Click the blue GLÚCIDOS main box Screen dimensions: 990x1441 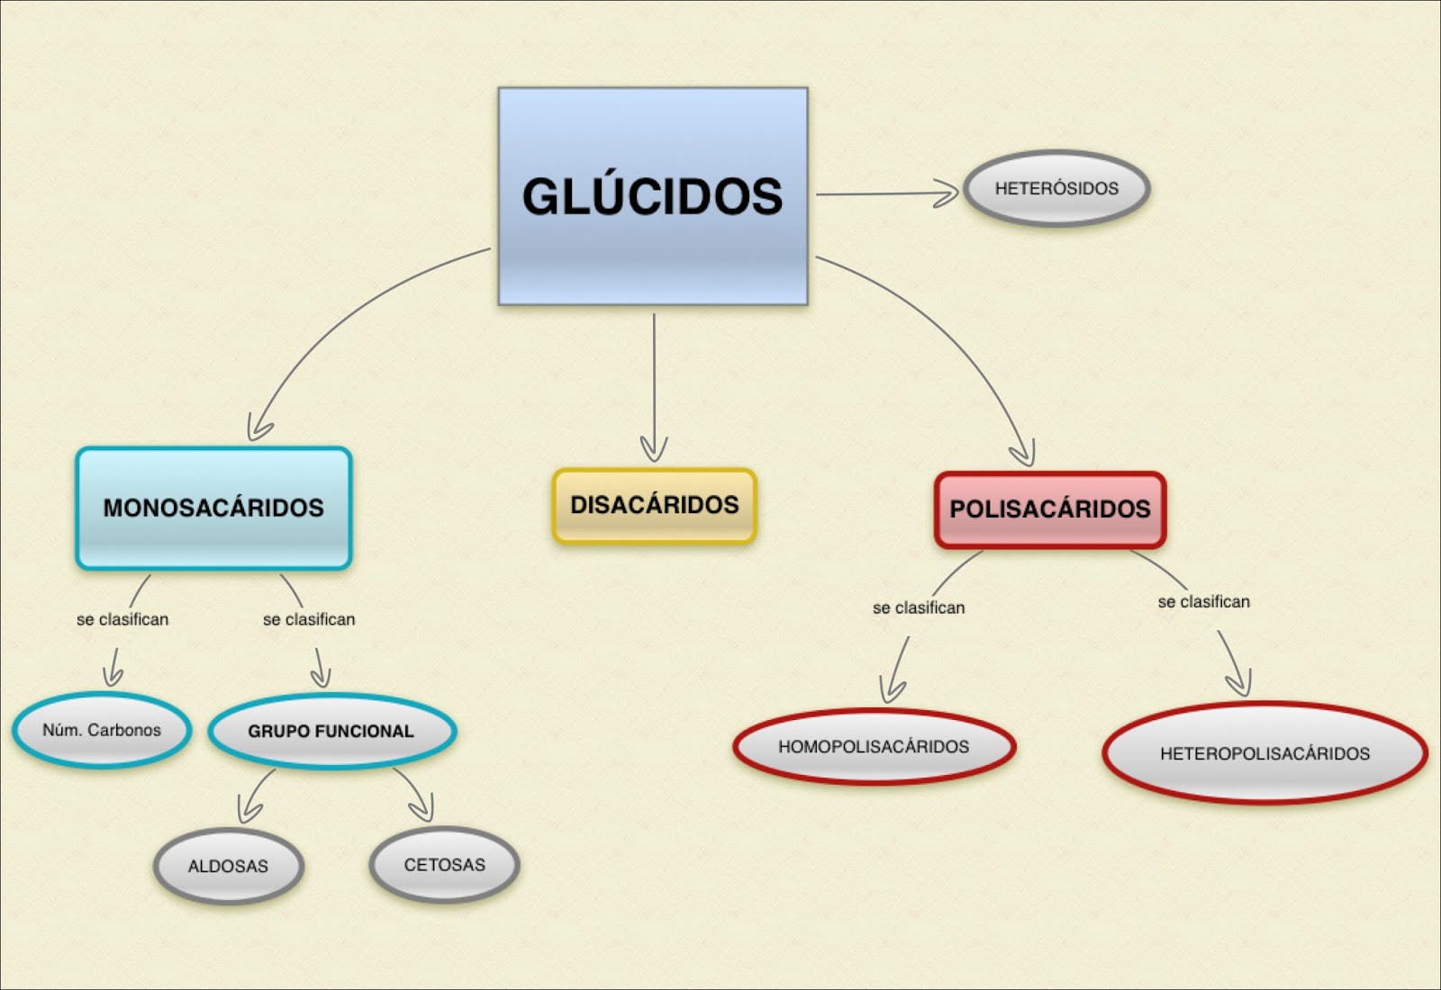[x=653, y=196]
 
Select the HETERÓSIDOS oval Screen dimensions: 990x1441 [x=1056, y=188]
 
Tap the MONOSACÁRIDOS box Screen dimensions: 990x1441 [x=213, y=508]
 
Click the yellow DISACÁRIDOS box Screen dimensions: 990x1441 [x=655, y=505]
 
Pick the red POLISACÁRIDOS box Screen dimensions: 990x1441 [x=1050, y=509]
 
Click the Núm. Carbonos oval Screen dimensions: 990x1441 [x=102, y=730]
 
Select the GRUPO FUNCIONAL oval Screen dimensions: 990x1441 [x=331, y=731]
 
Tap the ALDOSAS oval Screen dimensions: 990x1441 [x=228, y=866]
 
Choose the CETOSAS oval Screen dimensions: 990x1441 [x=444, y=865]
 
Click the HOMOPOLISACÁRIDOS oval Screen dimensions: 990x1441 [x=874, y=746]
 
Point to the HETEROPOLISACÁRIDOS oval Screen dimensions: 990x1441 [x=1264, y=753]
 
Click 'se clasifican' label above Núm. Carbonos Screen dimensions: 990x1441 [x=122, y=619]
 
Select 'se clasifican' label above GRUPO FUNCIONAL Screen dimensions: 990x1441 [x=309, y=619]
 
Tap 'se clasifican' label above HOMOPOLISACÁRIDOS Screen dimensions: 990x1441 [x=919, y=607]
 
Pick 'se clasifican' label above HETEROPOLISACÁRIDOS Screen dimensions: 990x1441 [x=1204, y=601]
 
